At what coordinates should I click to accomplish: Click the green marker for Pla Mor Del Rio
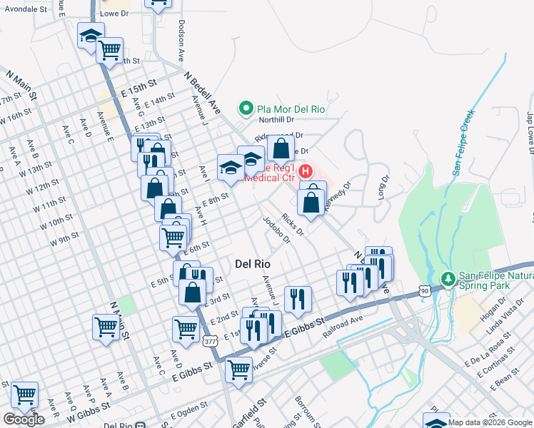246,109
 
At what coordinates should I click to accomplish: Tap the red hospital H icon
306,172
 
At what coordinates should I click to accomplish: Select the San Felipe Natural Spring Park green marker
448,277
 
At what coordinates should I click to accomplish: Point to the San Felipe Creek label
463,142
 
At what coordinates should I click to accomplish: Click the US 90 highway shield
425,290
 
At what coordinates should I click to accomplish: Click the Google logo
24,419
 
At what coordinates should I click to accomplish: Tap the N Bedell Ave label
202,93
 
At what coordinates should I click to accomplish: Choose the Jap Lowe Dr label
530,133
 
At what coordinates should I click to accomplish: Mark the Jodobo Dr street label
276,230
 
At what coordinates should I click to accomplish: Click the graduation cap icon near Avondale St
91,35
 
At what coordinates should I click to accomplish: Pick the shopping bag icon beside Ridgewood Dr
281,148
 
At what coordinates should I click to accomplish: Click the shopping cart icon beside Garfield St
238,370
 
